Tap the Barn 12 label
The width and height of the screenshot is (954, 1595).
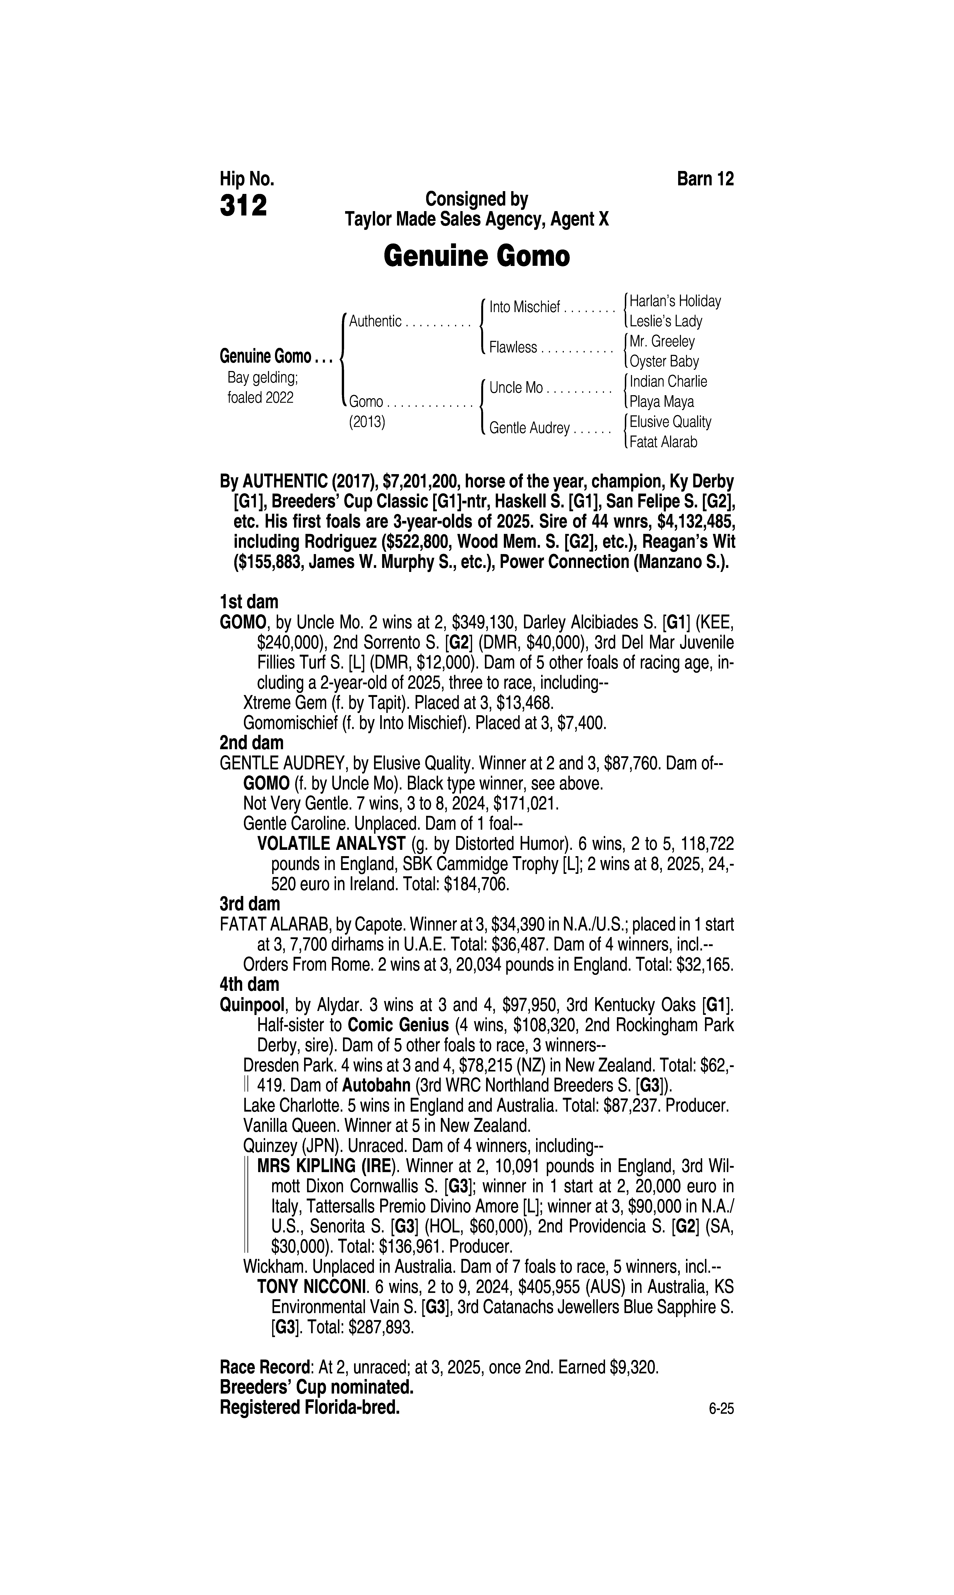point(705,179)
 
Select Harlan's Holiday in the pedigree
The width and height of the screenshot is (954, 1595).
point(675,301)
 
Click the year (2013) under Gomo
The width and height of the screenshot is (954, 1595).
point(366,423)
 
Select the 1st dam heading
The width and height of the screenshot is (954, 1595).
point(249,602)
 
